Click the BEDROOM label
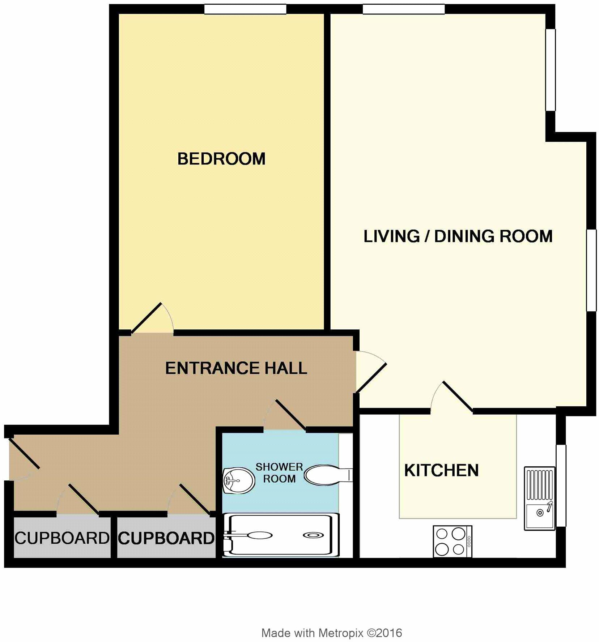click(221, 159)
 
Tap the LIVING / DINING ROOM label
click(458, 236)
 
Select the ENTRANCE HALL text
click(236, 368)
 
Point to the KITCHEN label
click(441, 471)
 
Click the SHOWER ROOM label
click(279, 473)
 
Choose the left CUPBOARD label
click(62, 538)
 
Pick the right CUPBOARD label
click(166, 538)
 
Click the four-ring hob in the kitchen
click(452, 541)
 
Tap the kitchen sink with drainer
click(539, 498)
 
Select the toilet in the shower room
click(326, 475)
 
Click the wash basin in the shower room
click(238, 480)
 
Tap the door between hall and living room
click(371, 372)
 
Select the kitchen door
click(452, 398)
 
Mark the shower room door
click(286, 416)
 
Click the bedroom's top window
click(245, 9)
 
